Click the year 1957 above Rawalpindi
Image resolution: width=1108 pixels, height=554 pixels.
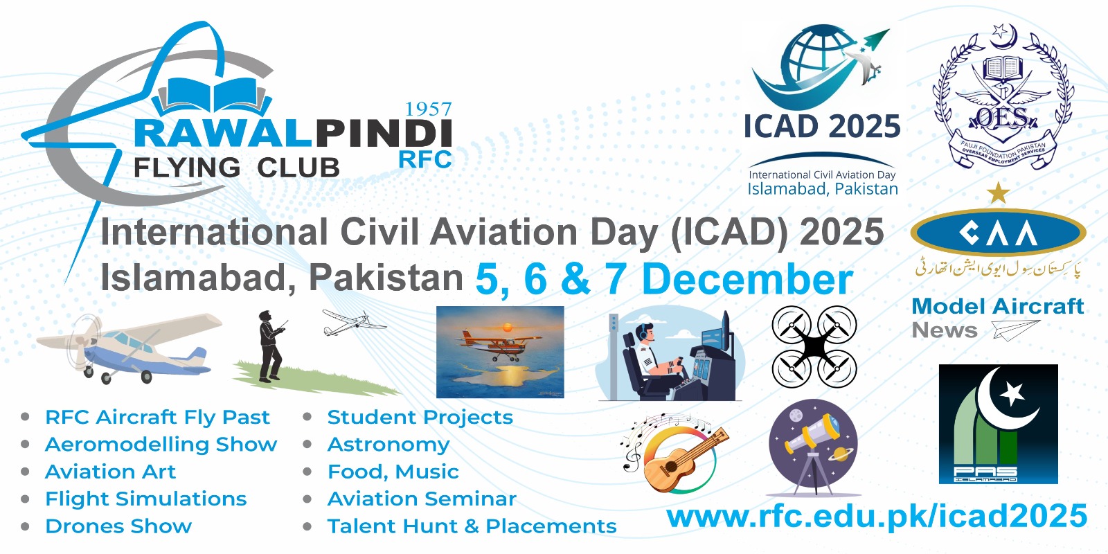428,109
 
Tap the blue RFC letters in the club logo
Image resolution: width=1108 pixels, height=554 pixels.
425,159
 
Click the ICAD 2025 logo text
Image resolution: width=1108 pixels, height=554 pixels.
822,127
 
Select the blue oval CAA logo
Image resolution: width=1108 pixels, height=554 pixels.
998,233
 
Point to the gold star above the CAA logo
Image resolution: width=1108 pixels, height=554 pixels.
998,193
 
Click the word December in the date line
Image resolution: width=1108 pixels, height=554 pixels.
747,280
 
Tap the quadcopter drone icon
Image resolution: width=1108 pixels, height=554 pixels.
814,347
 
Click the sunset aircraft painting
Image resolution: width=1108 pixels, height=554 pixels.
500,352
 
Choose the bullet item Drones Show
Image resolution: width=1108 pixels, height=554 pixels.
118,526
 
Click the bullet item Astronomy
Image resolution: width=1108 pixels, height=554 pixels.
388,445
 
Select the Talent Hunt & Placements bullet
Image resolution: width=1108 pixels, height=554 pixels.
472,526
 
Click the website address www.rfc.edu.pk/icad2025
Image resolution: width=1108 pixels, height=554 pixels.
877,517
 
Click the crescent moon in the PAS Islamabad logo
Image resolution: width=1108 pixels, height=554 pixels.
1001,402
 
